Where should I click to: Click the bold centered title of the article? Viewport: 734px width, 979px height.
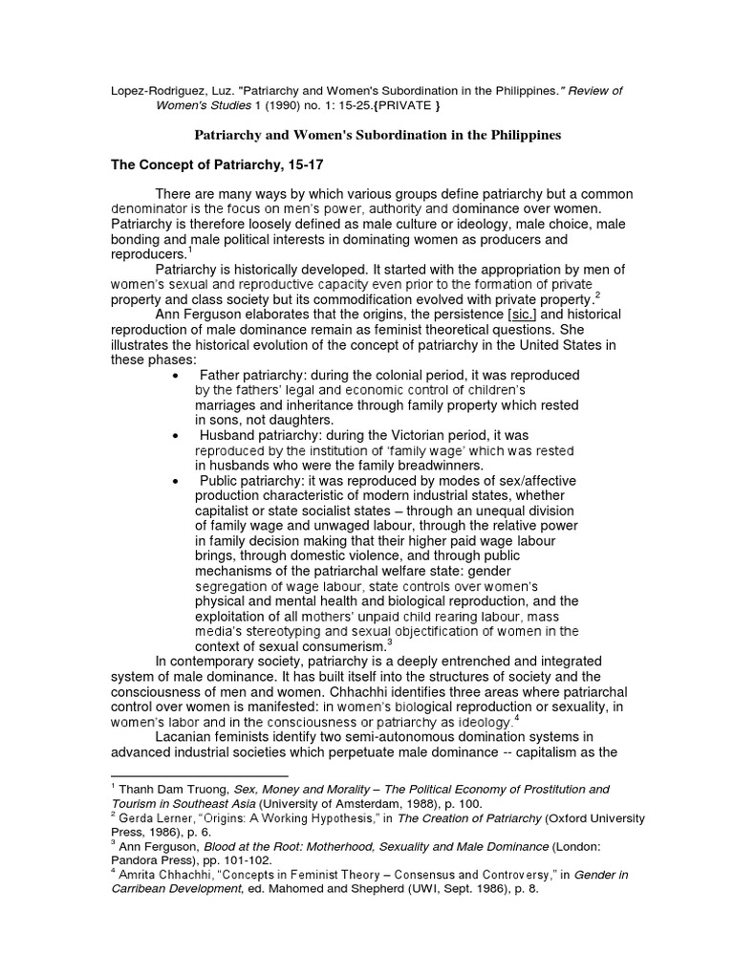coord(378,136)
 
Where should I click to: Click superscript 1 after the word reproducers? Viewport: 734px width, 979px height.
coord(191,250)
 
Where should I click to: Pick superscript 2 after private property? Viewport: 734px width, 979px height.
coord(597,295)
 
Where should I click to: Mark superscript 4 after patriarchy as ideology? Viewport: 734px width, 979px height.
coord(516,718)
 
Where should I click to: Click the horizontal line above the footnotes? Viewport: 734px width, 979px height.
coord(200,776)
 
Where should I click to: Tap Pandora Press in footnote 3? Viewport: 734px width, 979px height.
coord(160,862)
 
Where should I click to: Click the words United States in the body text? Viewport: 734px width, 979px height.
coord(550,345)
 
